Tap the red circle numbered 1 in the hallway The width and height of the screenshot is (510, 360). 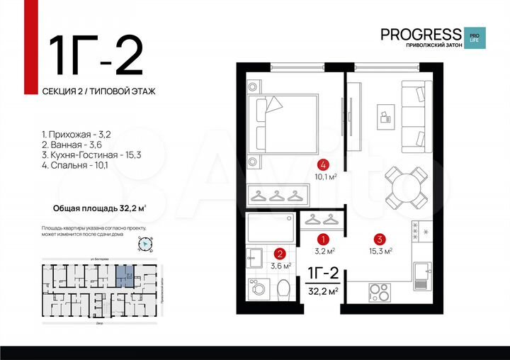coord(323,240)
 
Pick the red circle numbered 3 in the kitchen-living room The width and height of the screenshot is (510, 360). coord(380,240)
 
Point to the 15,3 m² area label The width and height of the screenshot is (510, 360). coord(380,251)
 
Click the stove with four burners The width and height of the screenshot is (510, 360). coord(380,292)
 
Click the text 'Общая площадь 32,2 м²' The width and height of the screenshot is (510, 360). coord(100,208)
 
